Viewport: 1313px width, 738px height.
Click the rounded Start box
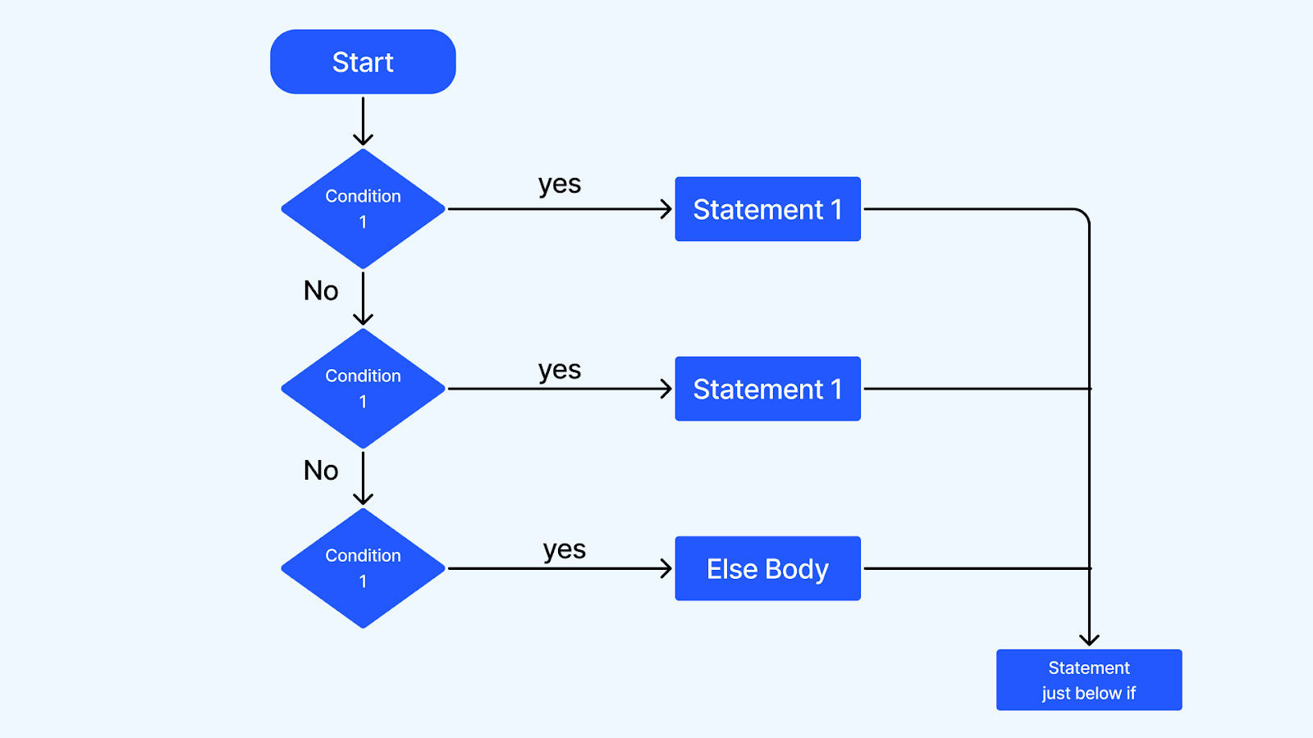(363, 61)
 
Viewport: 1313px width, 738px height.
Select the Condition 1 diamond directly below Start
(364, 208)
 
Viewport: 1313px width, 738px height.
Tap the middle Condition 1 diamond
(364, 389)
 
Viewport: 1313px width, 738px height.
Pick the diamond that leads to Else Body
(364, 568)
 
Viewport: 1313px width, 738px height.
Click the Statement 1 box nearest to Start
(768, 209)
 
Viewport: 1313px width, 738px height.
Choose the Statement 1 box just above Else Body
(768, 389)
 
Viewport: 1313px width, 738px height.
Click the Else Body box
(768, 568)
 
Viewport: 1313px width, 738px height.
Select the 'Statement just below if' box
(1089, 680)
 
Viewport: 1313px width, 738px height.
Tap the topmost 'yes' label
(560, 184)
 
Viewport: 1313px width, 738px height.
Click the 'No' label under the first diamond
(321, 290)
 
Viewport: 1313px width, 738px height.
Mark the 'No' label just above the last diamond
(321, 471)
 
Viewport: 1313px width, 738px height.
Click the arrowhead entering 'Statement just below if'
(1089, 640)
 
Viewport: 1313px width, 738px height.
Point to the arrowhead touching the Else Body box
(666, 568)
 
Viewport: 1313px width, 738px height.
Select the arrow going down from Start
(363, 121)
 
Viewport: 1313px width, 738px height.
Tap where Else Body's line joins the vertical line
(1089, 568)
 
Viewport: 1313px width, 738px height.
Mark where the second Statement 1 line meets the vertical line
(1089, 389)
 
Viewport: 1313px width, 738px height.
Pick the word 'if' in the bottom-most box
(1130, 693)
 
